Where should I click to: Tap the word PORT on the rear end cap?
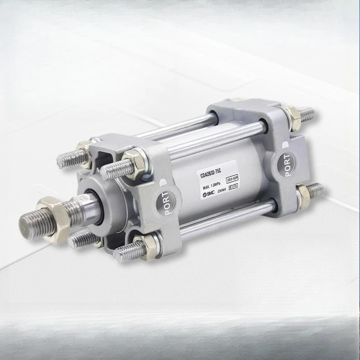tap(286, 165)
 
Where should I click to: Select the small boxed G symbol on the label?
tap(230, 187)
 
